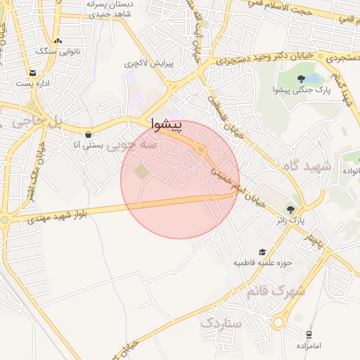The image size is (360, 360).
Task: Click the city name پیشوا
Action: click(x=167, y=125)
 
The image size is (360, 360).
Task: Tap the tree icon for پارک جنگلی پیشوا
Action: click(x=301, y=79)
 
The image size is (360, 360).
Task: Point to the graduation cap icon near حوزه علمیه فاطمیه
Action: click(x=262, y=252)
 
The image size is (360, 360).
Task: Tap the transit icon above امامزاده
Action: click(x=309, y=335)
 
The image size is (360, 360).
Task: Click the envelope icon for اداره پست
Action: click(x=33, y=73)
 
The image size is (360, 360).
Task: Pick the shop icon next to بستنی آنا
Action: click(x=87, y=134)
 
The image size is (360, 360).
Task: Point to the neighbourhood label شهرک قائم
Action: click(x=276, y=290)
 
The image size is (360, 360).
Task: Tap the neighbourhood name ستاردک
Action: click(x=220, y=323)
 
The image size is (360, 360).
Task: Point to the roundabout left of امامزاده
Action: click(x=279, y=323)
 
